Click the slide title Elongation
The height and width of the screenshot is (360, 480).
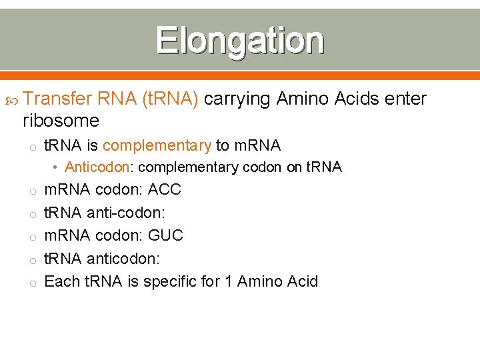click(240, 40)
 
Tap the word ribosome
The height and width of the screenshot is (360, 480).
click(61, 121)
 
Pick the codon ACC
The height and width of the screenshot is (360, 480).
click(165, 189)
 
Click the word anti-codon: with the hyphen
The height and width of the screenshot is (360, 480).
click(125, 213)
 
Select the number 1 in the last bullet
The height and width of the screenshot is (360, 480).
click(228, 281)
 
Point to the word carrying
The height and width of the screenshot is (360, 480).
click(237, 99)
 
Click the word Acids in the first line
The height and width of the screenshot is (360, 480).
click(352, 99)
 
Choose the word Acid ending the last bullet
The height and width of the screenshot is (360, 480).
click(301, 281)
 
